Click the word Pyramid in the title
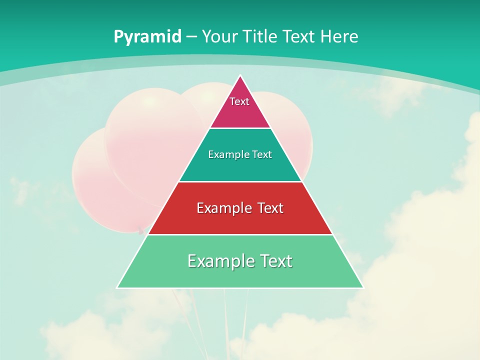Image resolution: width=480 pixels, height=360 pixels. [x=147, y=37]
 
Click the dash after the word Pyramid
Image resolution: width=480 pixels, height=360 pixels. [x=191, y=37]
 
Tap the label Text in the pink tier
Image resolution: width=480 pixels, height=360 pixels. [x=239, y=101]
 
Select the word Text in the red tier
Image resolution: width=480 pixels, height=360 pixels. [x=270, y=208]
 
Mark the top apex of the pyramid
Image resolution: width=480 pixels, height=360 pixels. [x=240, y=76]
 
